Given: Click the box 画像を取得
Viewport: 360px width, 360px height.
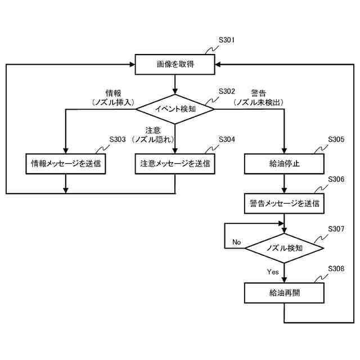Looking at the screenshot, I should point(175,65).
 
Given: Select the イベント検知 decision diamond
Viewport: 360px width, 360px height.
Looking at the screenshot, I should point(175,109).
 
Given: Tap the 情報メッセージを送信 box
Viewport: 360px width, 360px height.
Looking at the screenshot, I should point(66,164).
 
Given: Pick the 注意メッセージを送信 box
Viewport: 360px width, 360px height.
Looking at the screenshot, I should point(175,164).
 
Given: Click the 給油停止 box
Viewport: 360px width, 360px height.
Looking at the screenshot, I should point(285,164).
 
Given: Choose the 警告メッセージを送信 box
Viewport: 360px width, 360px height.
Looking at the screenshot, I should point(285,202).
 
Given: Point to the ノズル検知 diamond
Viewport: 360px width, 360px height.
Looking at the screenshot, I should point(285,247).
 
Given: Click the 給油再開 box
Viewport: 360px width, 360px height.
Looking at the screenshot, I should point(285,293).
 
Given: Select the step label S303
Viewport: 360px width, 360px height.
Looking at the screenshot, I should point(117,139).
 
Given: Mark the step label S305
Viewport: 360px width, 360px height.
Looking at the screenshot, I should point(336,139).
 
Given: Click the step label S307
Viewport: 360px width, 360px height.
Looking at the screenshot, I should point(336,229).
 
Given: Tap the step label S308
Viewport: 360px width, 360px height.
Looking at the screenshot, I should point(336,269).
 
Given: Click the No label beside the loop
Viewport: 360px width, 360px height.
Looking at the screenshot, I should point(236,242).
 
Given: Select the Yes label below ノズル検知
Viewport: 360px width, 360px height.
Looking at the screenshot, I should point(273,272).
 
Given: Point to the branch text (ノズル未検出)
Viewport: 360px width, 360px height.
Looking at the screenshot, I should point(259,102).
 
